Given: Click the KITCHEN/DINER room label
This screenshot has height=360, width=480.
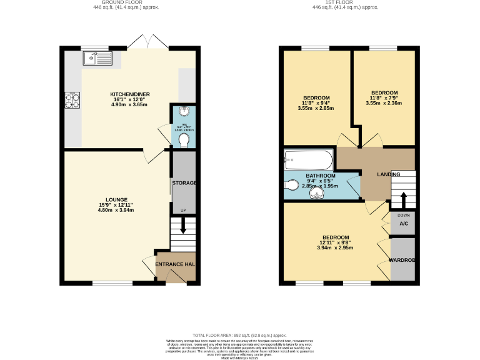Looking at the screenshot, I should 131,94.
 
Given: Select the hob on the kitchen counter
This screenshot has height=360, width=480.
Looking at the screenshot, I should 72,101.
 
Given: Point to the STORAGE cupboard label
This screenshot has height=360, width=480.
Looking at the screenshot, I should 184,183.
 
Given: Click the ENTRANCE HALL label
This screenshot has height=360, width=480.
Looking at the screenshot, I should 176,264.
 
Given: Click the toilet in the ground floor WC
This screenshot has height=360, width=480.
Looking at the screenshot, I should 183,141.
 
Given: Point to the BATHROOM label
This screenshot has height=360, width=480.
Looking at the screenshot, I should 320,176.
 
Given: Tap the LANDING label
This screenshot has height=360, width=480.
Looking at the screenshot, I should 389,174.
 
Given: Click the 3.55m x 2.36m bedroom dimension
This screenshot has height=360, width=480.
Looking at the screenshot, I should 384,104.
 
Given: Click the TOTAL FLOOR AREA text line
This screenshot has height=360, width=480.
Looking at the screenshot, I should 240,335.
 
